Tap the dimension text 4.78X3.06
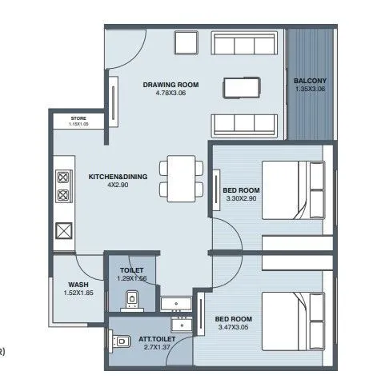pos(170,93)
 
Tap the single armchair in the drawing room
pos(185,42)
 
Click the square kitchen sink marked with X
pos(63,232)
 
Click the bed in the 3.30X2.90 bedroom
pos(291,188)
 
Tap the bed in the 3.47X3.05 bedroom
pos(291,320)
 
